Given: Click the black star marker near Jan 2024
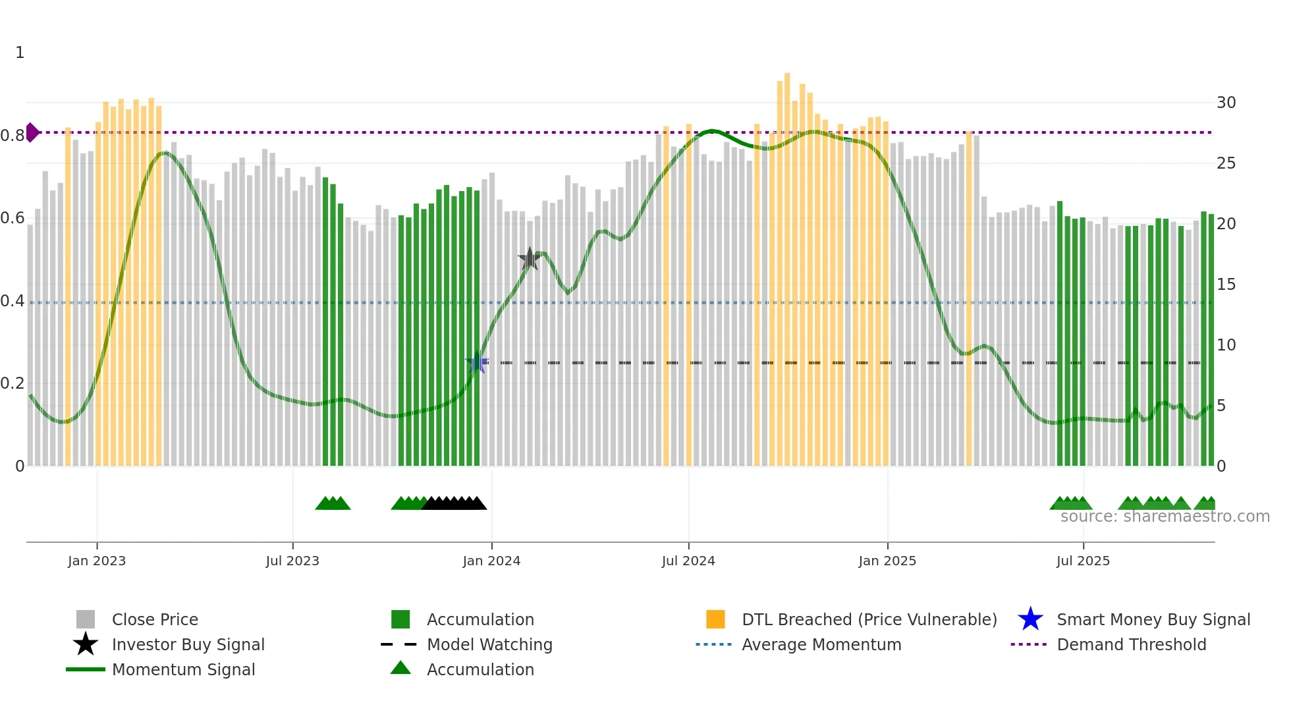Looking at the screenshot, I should click(530, 259).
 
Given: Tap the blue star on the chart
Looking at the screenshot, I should click(477, 363).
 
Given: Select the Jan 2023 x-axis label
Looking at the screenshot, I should click(97, 561).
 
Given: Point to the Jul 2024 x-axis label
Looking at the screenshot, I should click(688, 561).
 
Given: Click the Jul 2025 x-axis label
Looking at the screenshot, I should click(1083, 561).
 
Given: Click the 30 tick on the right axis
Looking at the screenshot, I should click(1226, 103).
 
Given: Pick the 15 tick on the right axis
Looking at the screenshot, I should click(1226, 285).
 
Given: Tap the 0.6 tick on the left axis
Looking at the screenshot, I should click(13, 218).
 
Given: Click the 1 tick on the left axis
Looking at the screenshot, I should click(20, 53).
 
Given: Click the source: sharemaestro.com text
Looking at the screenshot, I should click(1165, 517).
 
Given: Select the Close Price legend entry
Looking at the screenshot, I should click(155, 619).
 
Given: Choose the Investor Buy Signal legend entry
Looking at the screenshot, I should click(188, 644).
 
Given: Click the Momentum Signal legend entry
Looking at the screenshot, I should click(183, 669).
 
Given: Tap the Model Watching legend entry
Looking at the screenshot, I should click(489, 644).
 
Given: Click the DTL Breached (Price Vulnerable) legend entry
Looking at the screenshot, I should click(869, 619).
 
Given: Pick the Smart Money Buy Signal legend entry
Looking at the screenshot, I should click(1153, 619).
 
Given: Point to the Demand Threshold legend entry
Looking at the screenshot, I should click(1131, 644).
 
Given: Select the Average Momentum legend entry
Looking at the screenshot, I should click(821, 644).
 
